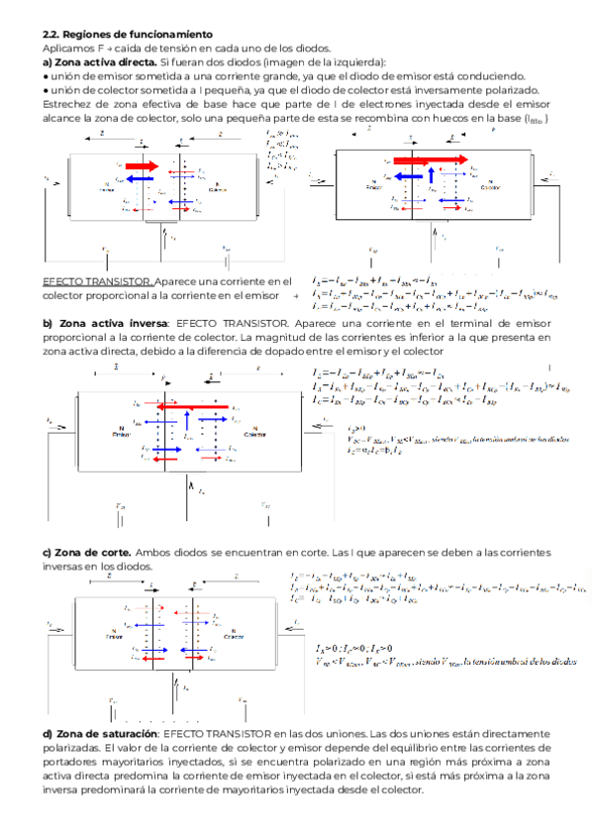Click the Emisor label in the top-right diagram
click(x=372, y=186)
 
